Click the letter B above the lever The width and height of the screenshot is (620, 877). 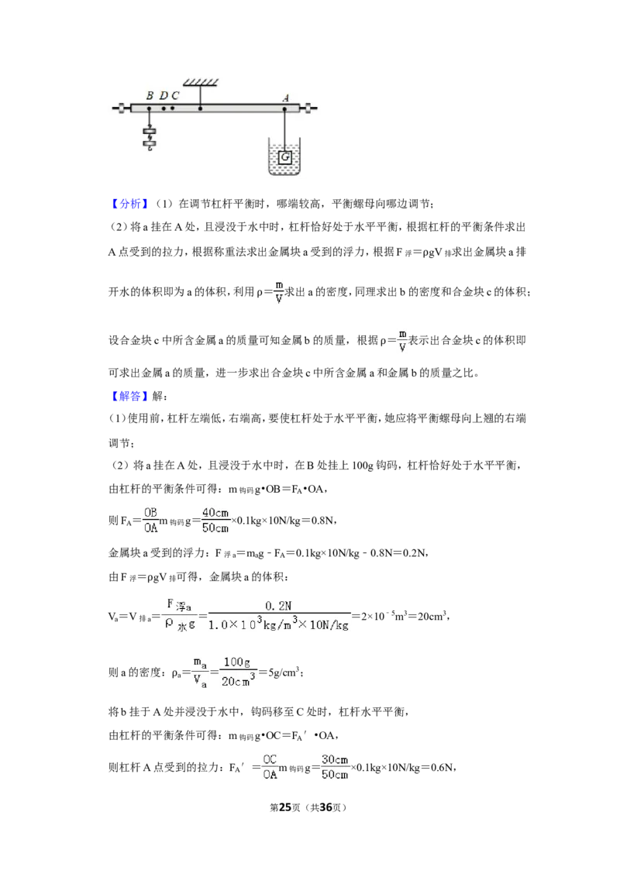pos(150,95)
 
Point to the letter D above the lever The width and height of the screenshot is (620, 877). pos(164,95)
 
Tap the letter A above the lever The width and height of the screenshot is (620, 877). pos(285,98)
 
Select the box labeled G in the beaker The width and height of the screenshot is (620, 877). pos(285,157)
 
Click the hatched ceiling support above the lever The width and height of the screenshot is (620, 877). pos(200,83)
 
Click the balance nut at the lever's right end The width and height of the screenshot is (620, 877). pos(308,108)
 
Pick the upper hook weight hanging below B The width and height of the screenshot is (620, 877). pos(150,133)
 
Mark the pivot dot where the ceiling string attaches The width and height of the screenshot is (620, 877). pos(200,108)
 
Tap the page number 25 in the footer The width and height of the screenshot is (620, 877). pos(285,807)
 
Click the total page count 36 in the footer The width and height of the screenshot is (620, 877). pos(325,807)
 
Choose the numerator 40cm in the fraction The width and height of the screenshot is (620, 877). pos(215,512)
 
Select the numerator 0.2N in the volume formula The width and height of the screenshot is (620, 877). pos(278,606)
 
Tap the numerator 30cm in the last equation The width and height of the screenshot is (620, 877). pos(335,759)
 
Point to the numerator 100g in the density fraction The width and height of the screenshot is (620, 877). pos(236,662)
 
